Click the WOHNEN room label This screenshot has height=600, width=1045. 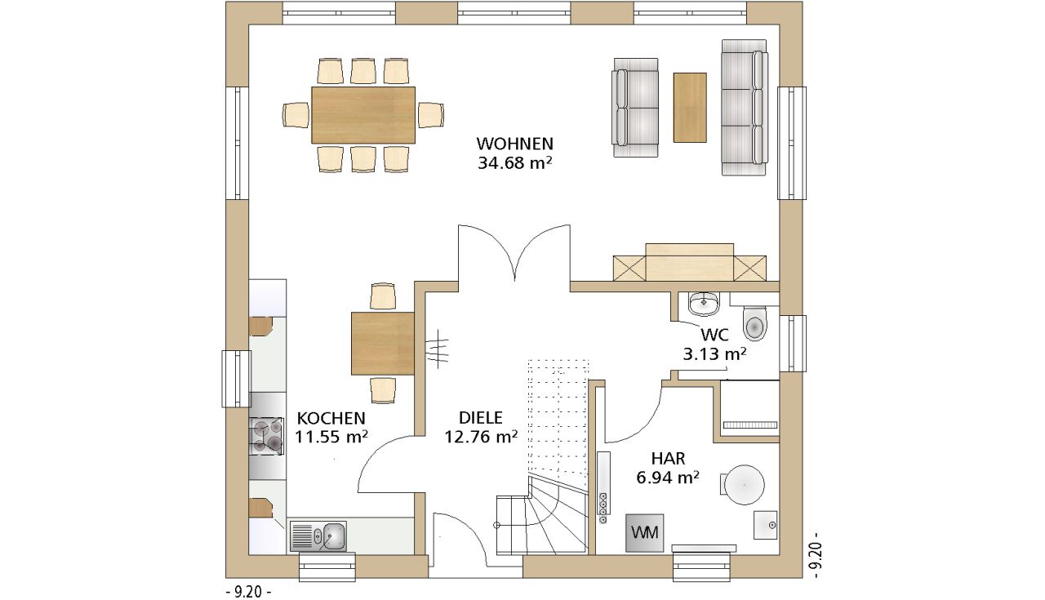tap(514, 143)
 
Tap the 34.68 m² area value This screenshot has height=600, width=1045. tap(514, 162)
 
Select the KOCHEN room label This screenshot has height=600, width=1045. tap(331, 418)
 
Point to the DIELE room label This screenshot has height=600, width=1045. tap(481, 418)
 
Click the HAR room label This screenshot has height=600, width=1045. tap(668, 459)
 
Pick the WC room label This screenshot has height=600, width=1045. tap(714, 335)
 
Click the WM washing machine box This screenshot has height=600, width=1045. tap(645, 533)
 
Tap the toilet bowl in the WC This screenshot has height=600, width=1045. tap(754, 323)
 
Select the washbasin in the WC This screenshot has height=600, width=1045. tap(704, 304)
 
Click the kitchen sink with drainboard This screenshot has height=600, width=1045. tap(318, 536)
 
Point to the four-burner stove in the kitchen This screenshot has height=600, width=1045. tap(266, 436)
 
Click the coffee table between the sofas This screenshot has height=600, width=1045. tap(690, 107)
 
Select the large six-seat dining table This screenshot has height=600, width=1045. tap(363, 115)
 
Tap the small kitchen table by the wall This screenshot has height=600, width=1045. tap(383, 344)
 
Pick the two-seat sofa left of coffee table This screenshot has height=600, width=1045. tap(635, 108)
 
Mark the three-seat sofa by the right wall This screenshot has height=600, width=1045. tap(744, 107)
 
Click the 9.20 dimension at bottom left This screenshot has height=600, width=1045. tap(248, 593)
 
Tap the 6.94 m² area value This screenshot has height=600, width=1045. tap(668, 478)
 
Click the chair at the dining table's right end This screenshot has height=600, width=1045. tap(430, 115)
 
